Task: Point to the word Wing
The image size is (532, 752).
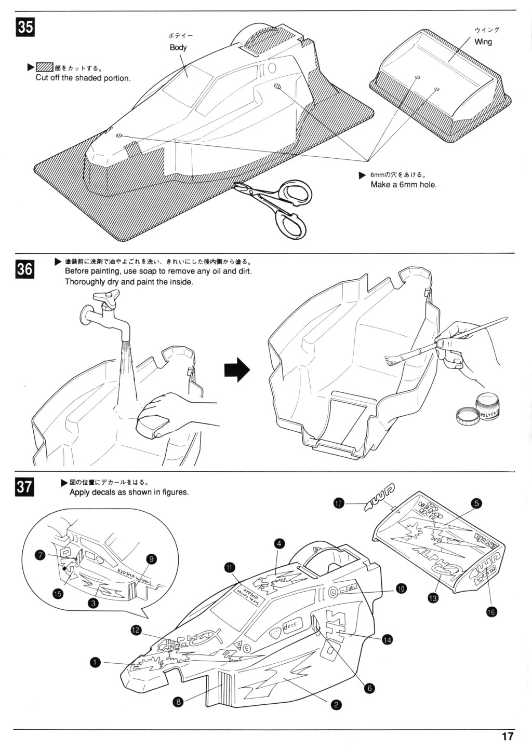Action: [483, 42]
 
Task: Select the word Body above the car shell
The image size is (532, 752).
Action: [178, 47]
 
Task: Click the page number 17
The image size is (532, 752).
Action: [508, 736]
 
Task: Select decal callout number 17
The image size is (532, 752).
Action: [339, 503]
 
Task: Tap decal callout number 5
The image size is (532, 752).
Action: [476, 502]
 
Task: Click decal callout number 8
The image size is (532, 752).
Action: [178, 702]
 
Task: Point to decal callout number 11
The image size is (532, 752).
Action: [230, 567]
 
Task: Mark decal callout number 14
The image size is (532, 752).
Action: [387, 639]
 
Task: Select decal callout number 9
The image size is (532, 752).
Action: [151, 559]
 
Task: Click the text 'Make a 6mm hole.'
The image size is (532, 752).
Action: [404, 185]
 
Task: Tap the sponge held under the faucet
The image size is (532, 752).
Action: [153, 423]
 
